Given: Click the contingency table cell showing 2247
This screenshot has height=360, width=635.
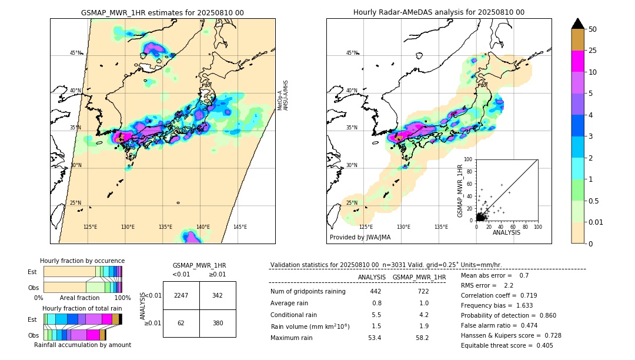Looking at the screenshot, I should coord(181,295).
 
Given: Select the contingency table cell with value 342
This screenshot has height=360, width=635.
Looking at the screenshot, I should coord(218,295).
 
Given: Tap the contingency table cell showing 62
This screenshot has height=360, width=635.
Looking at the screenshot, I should coord(181,323).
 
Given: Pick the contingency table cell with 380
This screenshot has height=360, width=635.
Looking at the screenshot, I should coord(218,323).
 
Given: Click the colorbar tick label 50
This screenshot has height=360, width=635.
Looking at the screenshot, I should coord(593,29).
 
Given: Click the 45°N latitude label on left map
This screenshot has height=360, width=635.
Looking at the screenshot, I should coord(75,53).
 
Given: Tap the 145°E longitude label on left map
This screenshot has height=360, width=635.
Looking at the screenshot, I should coord(240,227).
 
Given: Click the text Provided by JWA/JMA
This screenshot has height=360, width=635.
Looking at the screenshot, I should coord(360,237).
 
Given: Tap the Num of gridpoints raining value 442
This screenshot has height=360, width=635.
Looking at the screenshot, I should coord(375,291).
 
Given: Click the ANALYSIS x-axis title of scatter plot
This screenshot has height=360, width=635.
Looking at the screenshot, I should coord(506,232).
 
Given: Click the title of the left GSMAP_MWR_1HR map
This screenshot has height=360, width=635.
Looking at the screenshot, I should coord(162,12).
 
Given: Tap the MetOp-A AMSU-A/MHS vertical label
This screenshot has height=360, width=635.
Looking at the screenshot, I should coord(283,96).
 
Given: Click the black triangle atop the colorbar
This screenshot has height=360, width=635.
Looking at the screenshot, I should coord(578,24).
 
